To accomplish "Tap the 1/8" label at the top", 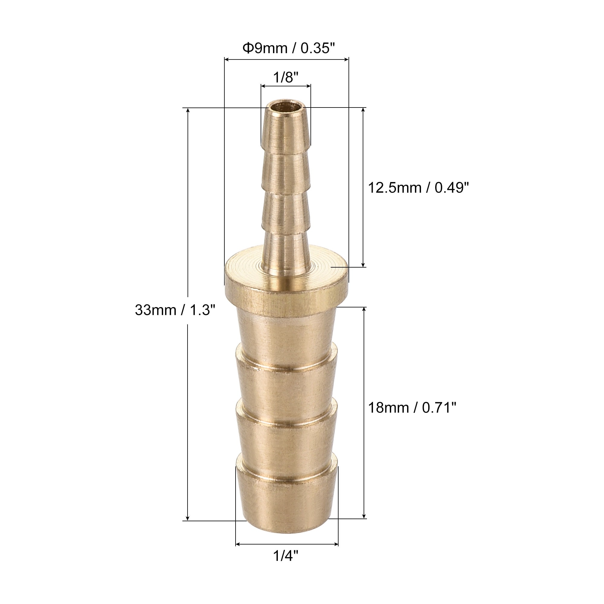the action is coord(286,77).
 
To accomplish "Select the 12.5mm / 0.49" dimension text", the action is coord(418,188).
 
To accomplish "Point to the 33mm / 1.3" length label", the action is coord(175,310).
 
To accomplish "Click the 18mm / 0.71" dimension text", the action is coord(412,407).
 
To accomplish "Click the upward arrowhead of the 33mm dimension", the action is coord(188,111).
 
